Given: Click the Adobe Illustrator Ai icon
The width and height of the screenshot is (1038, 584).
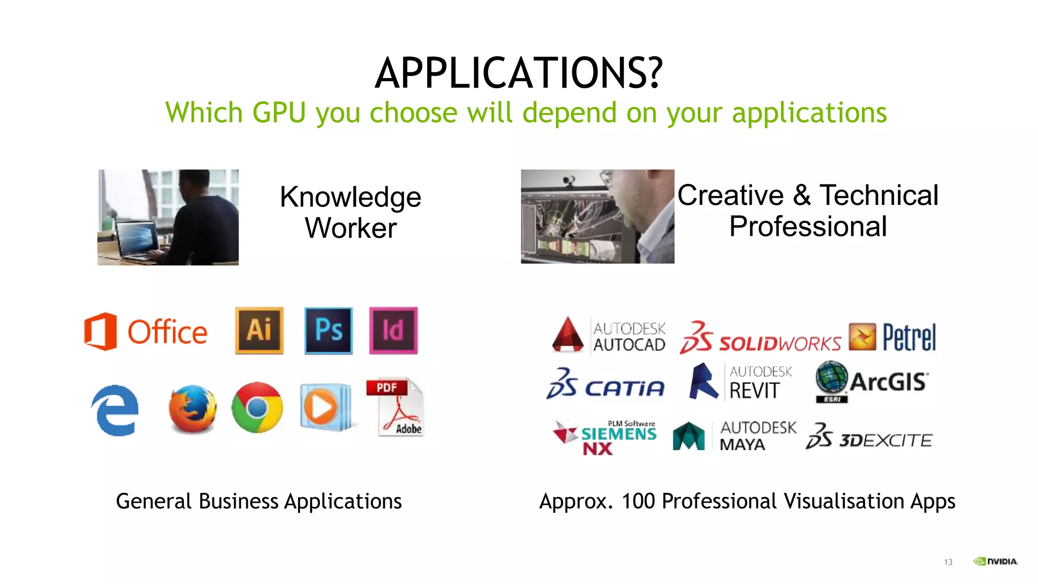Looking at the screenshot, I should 259,330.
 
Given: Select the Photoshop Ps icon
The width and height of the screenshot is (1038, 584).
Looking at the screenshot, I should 328,330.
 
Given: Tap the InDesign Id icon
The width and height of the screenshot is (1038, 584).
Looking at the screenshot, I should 393,330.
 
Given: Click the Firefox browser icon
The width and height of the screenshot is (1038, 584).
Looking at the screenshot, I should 193,409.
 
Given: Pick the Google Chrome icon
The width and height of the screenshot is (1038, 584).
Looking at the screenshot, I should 257,408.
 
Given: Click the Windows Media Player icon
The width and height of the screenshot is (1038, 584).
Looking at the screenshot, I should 324,407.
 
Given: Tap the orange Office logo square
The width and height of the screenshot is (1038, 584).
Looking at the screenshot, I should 100,332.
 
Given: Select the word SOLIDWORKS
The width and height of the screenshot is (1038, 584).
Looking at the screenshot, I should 780,343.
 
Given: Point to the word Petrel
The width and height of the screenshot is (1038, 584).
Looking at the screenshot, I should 909,337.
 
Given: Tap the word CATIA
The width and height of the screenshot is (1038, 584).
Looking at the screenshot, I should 624,388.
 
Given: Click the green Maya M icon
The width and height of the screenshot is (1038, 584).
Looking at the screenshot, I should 688,436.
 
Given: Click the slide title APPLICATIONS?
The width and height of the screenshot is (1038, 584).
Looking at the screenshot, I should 518,74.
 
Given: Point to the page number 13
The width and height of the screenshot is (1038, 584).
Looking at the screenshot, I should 948,562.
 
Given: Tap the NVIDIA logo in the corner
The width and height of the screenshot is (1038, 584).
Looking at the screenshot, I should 995,561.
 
